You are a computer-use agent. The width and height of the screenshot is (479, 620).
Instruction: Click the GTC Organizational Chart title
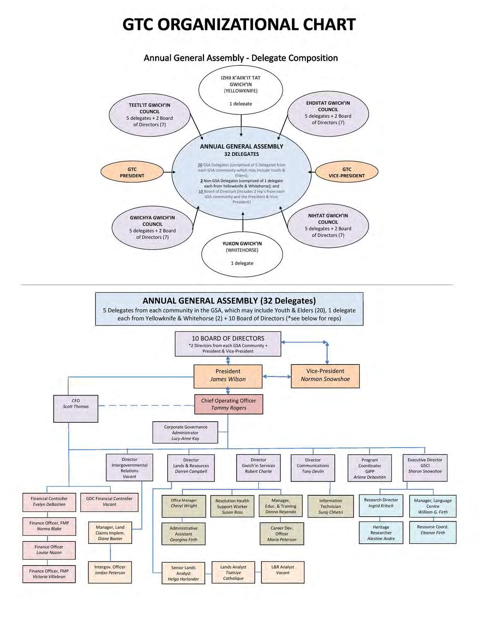coord(239,25)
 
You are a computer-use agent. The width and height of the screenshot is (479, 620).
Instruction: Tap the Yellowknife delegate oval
coord(240,90)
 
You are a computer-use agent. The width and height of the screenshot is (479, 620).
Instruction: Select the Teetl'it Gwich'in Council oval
coord(149,115)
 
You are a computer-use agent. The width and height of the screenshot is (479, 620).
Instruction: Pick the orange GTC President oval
coord(132,172)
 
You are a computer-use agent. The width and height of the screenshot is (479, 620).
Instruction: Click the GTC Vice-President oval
coord(346,172)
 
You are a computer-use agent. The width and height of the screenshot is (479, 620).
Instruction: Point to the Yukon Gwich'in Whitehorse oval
coord(242,253)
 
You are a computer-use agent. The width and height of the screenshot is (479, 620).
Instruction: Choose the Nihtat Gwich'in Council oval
coord(328,225)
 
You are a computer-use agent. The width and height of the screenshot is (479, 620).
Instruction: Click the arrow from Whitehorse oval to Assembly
coord(243,222)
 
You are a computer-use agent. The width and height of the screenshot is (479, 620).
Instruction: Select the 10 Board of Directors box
coord(228,344)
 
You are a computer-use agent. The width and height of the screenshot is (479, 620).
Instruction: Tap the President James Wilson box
coord(228,375)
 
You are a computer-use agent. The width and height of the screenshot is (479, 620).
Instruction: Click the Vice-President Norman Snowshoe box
coord(325,375)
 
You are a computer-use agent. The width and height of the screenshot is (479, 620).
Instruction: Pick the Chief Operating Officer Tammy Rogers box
coord(228,404)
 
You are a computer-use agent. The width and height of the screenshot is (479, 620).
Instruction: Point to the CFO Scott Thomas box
coord(76,408)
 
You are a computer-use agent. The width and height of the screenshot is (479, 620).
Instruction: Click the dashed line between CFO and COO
coord(147,405)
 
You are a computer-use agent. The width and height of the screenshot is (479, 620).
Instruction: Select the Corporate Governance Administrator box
coord(185,432)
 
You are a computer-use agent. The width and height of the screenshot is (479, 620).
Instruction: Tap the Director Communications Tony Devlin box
coord(313,467)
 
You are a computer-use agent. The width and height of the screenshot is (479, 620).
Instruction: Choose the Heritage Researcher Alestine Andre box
coord(381,532)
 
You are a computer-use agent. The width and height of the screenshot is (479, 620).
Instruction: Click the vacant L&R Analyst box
coord(283,572)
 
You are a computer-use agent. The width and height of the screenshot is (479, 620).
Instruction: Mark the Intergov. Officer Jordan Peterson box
coord(110,572)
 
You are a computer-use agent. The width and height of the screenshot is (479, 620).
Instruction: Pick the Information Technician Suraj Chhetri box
coord(330,506)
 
